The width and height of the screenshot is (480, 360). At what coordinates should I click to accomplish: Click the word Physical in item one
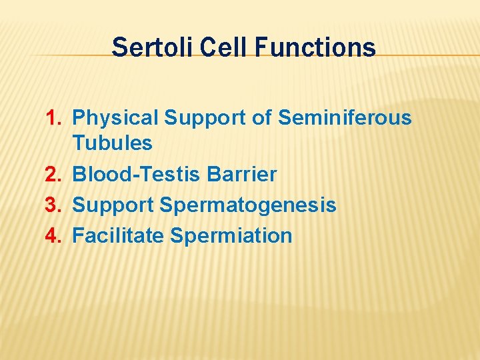click(115, 119)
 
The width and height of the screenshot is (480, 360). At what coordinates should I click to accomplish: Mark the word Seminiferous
click(345, 119)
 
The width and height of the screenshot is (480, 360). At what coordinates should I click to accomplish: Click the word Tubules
click(112, 143)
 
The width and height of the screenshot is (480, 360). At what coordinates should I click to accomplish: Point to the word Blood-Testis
click(137, 175)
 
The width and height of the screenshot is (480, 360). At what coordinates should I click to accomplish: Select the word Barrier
click(242, 175)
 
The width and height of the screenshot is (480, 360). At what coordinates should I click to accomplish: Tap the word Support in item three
click(113, 205)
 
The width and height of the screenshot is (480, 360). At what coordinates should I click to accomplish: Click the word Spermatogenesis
click(248, 205)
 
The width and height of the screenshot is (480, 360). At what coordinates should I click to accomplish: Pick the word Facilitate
click(118, 236)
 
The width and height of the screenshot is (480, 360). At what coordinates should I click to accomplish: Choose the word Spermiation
click(231, 236)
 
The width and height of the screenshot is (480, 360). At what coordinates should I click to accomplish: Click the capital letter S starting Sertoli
click(119, 48)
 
